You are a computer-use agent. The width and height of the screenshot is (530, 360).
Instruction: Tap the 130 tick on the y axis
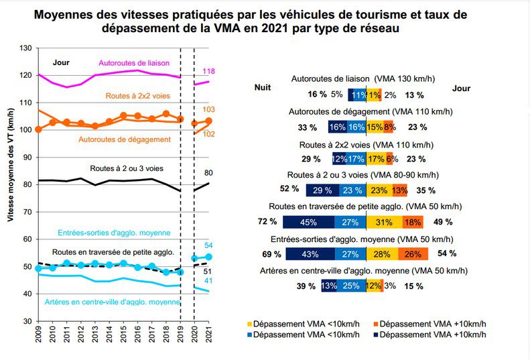(x=25, y=48)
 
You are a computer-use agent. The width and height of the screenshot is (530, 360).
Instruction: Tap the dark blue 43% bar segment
(x=312, y=254)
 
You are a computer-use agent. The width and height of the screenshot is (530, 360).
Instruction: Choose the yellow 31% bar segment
(x=384, y=222)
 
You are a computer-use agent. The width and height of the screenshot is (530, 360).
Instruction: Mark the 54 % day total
(x=446, y=253)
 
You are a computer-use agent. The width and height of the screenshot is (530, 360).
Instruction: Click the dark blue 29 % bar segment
(x=322, y=190)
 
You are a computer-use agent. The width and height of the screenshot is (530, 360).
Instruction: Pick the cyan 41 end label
(x=208, y=281)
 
